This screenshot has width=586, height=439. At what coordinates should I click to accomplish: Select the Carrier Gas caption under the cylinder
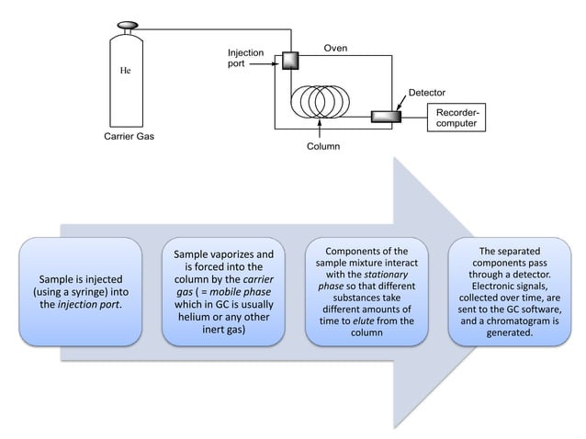click(x=129, y=139)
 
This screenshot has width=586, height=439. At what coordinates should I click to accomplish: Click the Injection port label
click(x=245, y=60)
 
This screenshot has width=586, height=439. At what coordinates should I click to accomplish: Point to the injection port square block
click(x=290, y=61)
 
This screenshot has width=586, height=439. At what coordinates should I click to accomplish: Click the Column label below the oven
click(x=323, y=146)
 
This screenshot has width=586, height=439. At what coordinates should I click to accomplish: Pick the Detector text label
click(x=426, y=94)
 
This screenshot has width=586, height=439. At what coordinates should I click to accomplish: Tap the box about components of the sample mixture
click(x=366, y=291)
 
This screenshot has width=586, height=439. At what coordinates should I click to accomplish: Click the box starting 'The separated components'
click(x=510, y=291)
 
